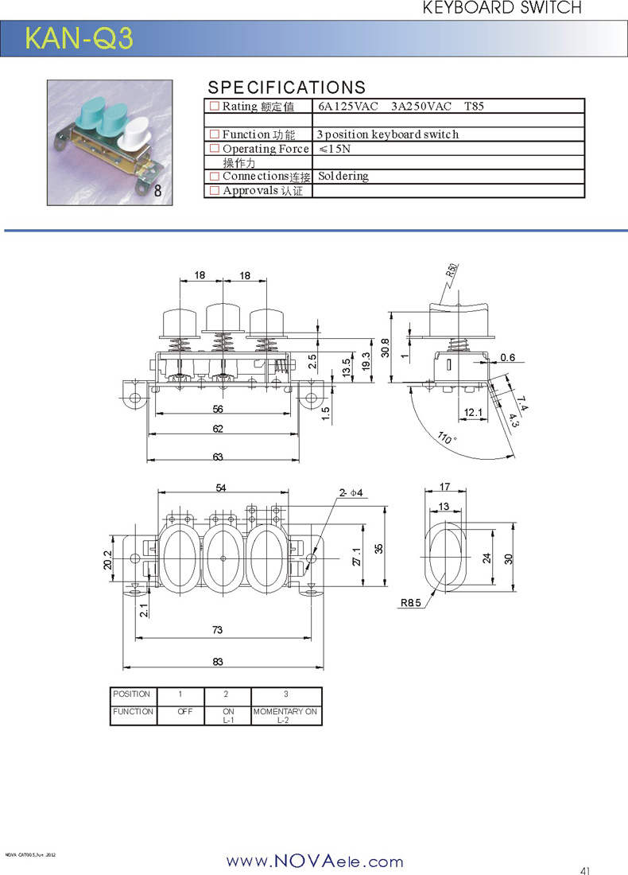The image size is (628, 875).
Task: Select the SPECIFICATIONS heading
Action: click(x=286, y=87)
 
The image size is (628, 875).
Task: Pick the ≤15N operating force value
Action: click(x=335, y=149)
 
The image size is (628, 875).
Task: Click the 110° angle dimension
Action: click(x=447, y=438)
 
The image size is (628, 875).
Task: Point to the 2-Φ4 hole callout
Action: click(x=351, y=493)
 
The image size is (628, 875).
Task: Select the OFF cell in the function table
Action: click(x=185, y=712)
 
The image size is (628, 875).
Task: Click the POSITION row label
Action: click(x=132, y=694)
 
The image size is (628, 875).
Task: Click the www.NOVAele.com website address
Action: click(x=315, y=861)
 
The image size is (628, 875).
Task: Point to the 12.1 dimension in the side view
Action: click(x=473, y=412)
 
